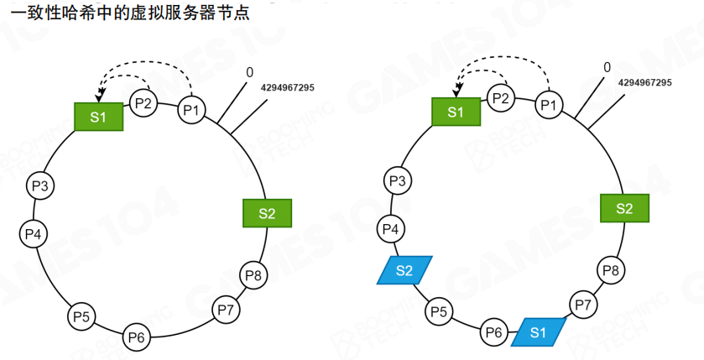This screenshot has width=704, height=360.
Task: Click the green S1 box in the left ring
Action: pyautogui.click(x=99, y=117)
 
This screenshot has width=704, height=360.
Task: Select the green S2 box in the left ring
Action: pyautogui.click(x=267, y=213)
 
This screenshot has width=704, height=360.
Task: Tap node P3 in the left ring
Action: pyautogui.click(x=39, y=185)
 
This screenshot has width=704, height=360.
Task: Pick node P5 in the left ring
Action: pyautogui.click(x=81, y=316)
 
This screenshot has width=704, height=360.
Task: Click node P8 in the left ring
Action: pyautogui.click(x=253, y=274)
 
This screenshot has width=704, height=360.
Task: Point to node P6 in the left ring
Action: pyautogui.click(x=136, y=337)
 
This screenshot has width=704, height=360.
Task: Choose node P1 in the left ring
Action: pyautogui.click(x=191, y=110)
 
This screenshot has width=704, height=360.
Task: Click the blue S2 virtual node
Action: pyautogui.click(x=404, y=270)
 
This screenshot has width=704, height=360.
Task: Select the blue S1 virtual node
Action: pyautogui.click(x=538, y=332)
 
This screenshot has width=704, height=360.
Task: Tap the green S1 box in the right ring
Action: pyautogui.click(x=456, y=112)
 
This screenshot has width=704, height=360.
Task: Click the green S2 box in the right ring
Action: pyautogui.click(x=624, y=208)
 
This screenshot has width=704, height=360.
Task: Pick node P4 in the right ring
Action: pyautogui.click(x=390, y=227)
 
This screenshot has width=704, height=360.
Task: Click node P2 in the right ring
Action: pyautogui.click(x=501, y=99)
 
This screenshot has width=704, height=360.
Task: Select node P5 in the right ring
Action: pyautogui.click(x=438, y=312)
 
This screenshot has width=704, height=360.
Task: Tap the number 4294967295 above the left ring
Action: pyautogui.click(x=288, y=87)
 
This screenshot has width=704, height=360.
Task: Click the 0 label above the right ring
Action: pyautogui.click(x=607, y=68)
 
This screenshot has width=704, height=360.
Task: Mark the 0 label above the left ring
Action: pyautogui.click(x=249, y=72)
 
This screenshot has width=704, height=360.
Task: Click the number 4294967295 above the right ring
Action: pyautogui.click(x=644, y=82)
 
